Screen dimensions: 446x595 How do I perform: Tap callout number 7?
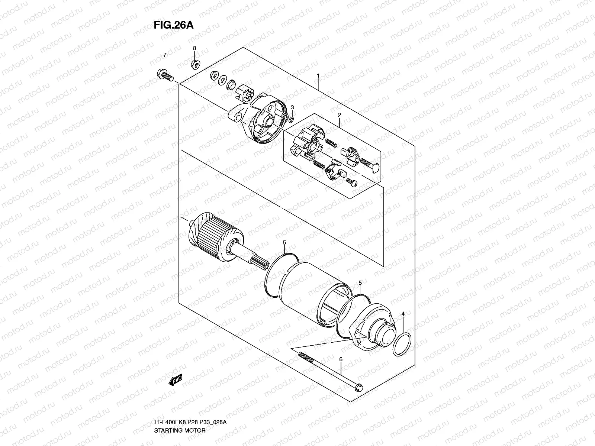coord(165,55)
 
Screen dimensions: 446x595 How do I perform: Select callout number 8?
coord(194,48)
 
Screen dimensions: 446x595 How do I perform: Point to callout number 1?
coord(318,76)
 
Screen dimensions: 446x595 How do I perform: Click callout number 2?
coord(339,115)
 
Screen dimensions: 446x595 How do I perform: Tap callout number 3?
coord(292,107)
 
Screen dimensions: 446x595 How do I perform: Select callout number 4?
coord(403,314)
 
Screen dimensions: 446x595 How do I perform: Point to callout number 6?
coord(340,359)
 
